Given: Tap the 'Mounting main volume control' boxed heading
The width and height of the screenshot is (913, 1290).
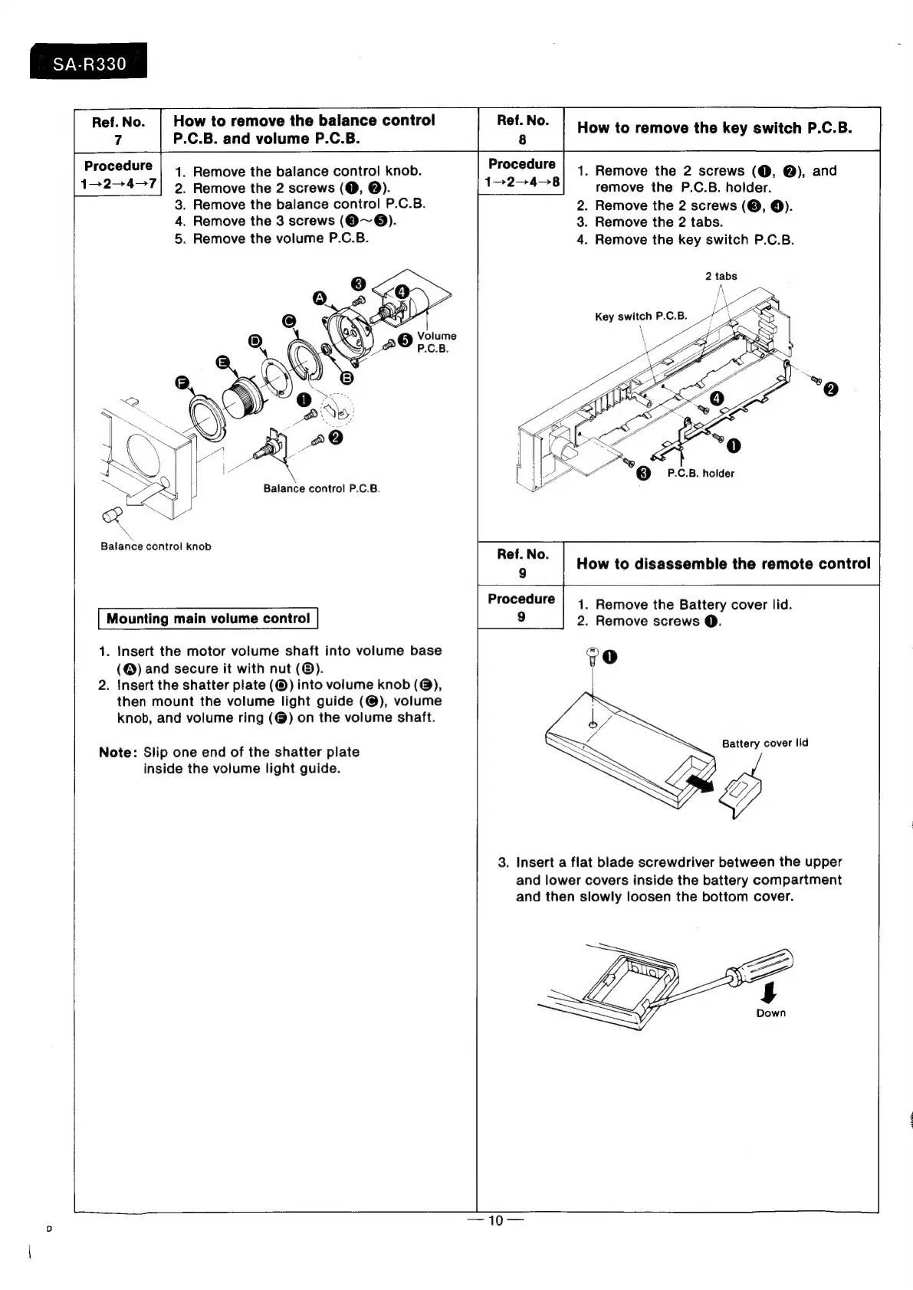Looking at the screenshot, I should [209, 619].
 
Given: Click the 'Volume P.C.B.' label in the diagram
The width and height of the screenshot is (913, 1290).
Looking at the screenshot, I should [436, 342].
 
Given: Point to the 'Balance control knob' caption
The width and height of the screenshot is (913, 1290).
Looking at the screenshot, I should [156, 547].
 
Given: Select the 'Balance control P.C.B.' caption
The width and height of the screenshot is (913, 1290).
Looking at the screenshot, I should [321, 488].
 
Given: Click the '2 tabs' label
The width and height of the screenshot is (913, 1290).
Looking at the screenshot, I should [721, 276].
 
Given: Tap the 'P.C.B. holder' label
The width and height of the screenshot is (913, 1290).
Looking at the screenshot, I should [700, 473].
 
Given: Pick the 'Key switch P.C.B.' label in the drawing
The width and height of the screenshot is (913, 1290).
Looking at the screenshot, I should [641, 316].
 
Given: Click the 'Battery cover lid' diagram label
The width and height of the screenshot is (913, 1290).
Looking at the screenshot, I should [764, 743].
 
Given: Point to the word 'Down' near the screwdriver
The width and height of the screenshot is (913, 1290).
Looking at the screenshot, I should [770, 1013].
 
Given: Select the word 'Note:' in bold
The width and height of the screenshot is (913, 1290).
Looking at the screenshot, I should [117, 752].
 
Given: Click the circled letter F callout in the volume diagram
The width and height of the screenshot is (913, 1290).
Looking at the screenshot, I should [182, 382].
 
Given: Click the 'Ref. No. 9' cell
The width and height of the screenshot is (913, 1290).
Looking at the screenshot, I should [521, 563].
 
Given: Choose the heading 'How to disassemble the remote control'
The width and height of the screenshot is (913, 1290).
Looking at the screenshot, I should [723, 563].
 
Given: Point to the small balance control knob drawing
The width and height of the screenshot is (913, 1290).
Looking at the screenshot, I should [112, 516].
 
